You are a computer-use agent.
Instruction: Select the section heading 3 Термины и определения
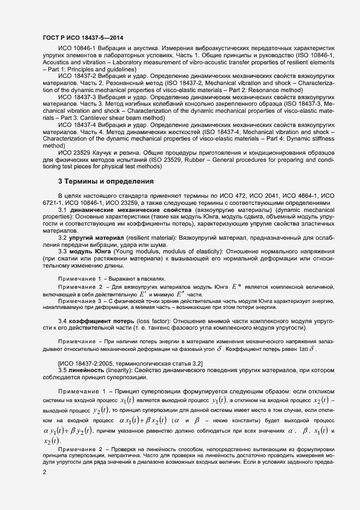[106, 181]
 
